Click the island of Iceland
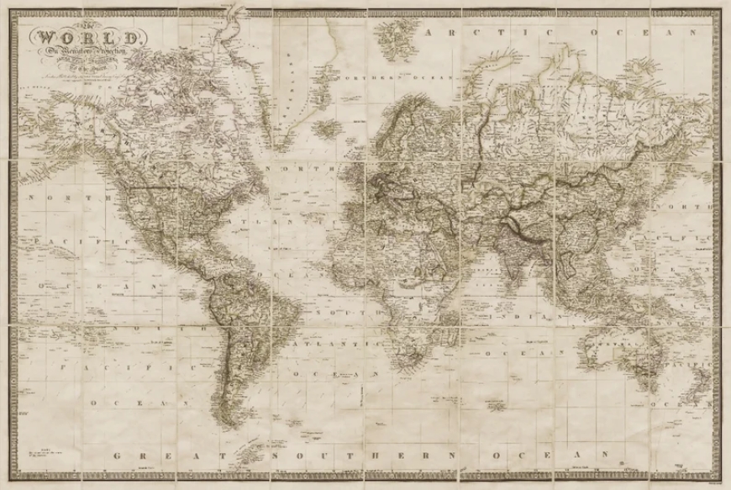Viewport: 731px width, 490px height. pyautogui.click(x=329, y=129)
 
